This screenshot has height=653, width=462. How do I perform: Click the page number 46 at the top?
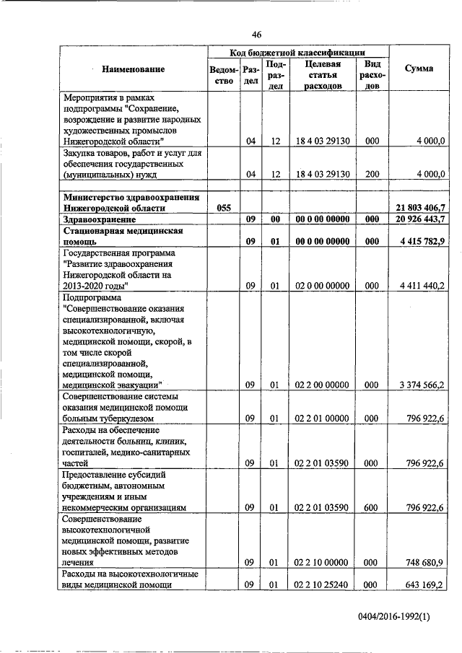tap(256, 34)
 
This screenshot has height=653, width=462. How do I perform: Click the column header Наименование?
tap(134, 69)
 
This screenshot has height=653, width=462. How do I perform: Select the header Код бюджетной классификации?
tap(297, 52)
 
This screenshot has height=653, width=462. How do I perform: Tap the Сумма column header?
tap(419, 69)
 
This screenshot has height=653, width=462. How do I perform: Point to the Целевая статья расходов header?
tap(318, 74)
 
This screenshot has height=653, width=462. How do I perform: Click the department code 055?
tap(224, 207)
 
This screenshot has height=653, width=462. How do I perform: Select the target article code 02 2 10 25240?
tap(318, 584)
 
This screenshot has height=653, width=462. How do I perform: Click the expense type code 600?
tap(372, 507)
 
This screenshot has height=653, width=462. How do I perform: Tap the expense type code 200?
tap(372, 174)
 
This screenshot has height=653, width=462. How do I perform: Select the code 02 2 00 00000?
tap(318, 385)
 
